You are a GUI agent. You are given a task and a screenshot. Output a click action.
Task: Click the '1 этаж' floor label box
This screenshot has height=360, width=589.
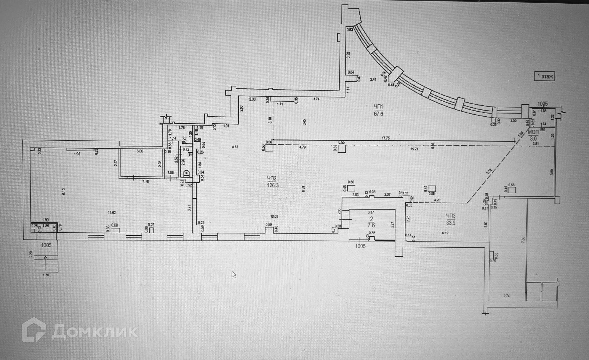(x=544, y=76)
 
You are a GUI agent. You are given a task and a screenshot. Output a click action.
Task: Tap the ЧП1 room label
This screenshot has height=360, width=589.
(x=379, y=107)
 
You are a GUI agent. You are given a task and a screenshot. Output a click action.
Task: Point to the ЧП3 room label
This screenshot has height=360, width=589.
(x=451, y=216)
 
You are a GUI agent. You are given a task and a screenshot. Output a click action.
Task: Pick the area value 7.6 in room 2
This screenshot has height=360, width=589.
(x=370, y=225)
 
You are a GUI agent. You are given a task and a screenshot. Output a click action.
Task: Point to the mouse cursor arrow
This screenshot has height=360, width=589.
(x=234, y=274)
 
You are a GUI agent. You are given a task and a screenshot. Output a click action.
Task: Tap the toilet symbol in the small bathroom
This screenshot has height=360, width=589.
(x=186, y=173)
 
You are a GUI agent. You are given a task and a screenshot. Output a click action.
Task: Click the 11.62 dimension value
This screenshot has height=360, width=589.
(x=111, y=212)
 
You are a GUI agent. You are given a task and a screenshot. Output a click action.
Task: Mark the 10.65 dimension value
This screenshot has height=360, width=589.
(x=274, y=217)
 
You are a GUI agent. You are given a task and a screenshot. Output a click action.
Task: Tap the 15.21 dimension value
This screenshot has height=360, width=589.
(x=414, y=149)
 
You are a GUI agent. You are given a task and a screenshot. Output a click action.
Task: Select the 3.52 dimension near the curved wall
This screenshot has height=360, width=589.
(x=348, y=55)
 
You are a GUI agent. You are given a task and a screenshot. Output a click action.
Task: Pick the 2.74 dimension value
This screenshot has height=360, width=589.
(x=507, y=296)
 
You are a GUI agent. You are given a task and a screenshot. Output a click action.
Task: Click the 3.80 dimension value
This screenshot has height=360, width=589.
(x=552, y=172)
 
